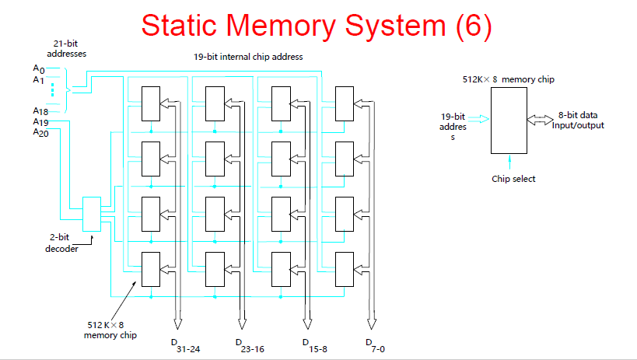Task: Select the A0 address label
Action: click(x=39, y=70)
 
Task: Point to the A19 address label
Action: click(x=41, y=122)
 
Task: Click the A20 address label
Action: click(x=41, y=132)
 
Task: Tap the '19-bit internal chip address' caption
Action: click(x=248, y=57)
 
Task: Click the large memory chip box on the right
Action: click(x=509, y=120)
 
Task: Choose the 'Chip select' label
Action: click(x=513, y=179)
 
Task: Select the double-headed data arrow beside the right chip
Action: click(x=540, y=119)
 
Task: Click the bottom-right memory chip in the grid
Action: click(x=345, y=269)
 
